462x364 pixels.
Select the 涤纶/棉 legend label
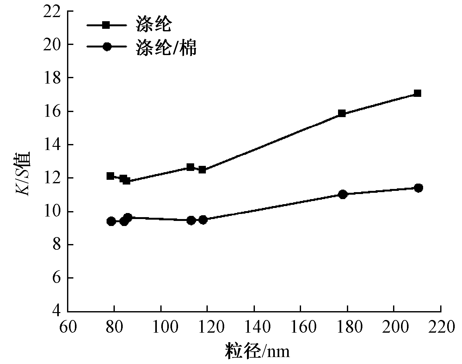pos(166,47)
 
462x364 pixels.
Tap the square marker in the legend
pos(107,25)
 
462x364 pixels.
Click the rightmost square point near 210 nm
pos(417,93)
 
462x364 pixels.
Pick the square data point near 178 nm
pos(342,113)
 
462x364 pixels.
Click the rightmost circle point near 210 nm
pos(418,188)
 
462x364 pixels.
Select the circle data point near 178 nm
pos(342,194)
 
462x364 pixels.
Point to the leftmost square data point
pos(110,176)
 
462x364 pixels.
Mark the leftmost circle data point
pos(111,221)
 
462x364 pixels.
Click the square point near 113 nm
pos(190,167)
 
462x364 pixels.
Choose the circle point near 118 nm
pos(203,220)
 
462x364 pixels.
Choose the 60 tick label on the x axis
pos(68,327)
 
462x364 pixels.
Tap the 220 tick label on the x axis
pos(440,327)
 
